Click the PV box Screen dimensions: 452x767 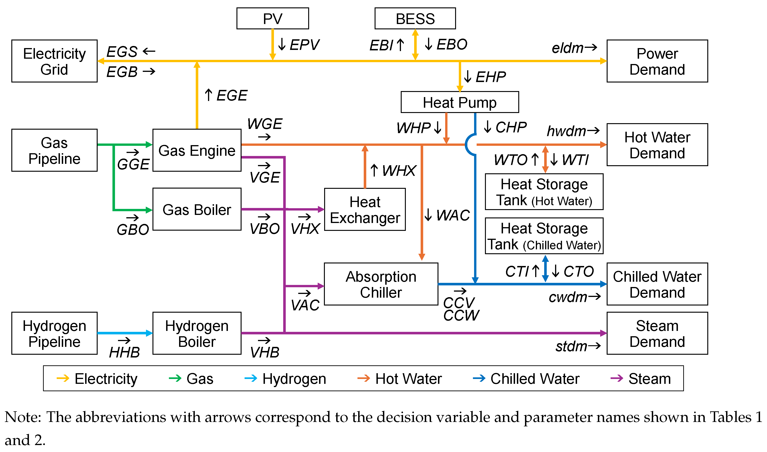272,18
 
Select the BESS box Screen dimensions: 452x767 415,18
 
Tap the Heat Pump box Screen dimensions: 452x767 459,102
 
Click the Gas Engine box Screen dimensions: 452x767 197,150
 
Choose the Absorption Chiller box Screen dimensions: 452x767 381,284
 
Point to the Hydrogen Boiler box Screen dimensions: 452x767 197,333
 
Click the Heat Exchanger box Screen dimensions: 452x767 364,210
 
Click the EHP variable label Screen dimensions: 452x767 490,77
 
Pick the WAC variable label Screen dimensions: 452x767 453,215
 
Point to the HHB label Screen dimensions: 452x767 124,352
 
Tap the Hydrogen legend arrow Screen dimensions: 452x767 251,379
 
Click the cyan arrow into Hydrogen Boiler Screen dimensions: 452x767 124,333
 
